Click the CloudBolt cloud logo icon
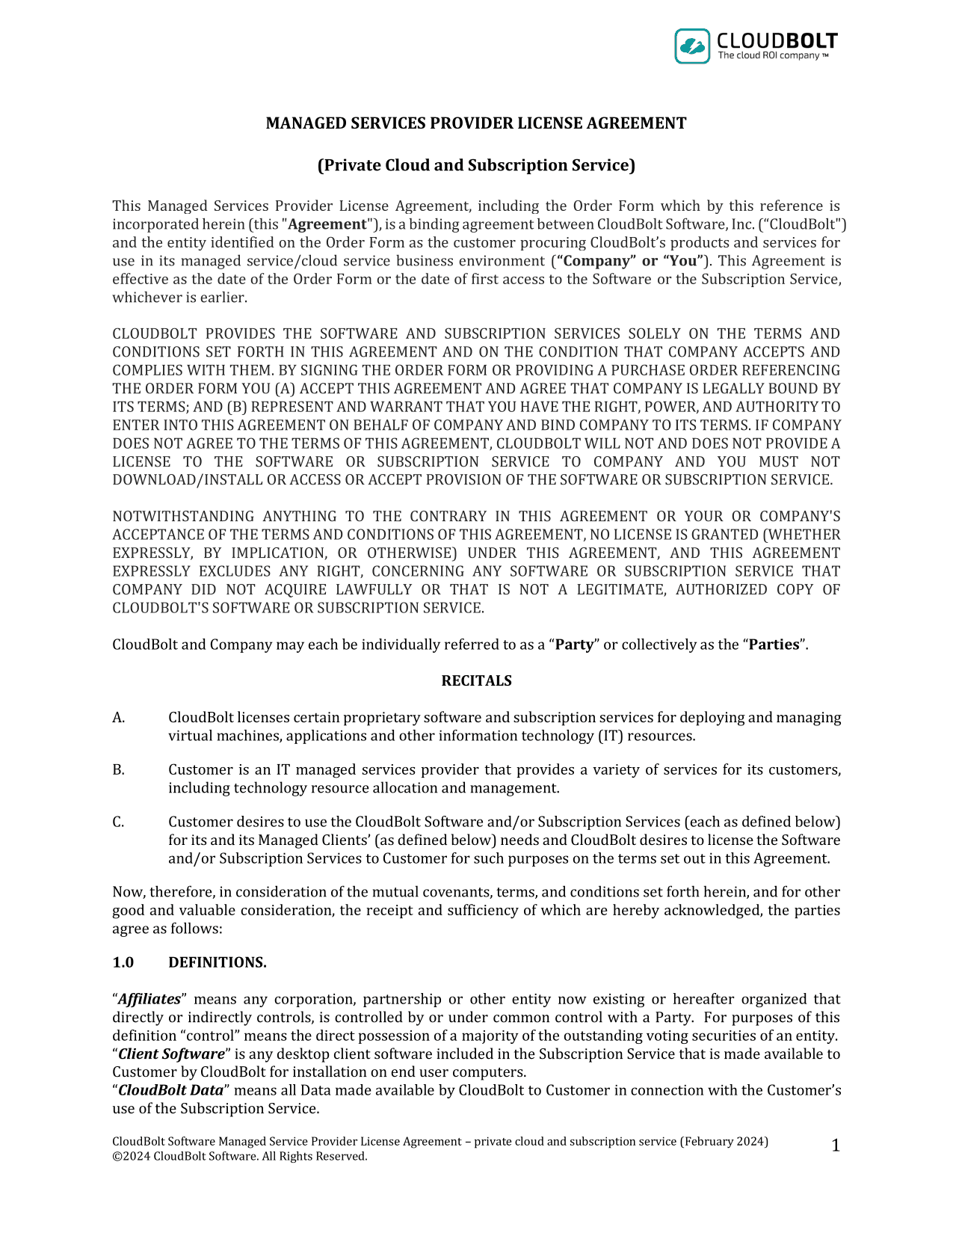(x=692, y=46)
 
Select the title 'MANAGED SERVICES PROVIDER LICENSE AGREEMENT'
(x=476, y=123)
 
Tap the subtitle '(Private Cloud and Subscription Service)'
(x=476, y=165)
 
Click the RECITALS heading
(x=476, y=681)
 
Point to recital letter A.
(x=118, y=718)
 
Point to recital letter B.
(x=118, y=770)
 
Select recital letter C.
(x=118, y=822)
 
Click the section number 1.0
(x=123, y=963)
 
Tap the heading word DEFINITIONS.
(x=217, y=963)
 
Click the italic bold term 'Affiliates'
(x=149, y=1000)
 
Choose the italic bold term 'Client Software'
(x=171, y=1054)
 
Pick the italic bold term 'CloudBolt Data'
(x=170, y=1091)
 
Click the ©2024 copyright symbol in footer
(x=117, y=1157)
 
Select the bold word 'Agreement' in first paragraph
(x=327, y=225)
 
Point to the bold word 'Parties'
(x=774, y=645)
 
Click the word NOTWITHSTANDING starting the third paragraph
(x=182, y=517)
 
